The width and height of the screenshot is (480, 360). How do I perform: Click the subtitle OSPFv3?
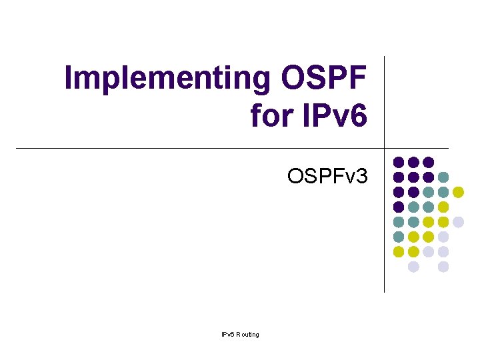327,177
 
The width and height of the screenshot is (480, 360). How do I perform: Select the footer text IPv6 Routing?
241,334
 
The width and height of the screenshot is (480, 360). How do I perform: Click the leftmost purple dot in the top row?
399,162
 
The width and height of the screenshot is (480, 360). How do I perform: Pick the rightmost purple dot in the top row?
428,162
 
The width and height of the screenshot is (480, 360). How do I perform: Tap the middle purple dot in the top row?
413,162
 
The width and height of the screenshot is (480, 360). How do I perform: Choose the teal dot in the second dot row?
443,177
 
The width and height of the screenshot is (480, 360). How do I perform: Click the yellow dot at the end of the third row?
458,192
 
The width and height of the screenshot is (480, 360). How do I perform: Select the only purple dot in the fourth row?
399,207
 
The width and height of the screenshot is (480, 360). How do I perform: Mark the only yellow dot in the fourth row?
443,207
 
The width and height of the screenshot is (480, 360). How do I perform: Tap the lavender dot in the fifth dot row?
458,222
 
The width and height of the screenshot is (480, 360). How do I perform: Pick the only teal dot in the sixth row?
399,237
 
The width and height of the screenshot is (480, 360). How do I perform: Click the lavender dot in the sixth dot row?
443,237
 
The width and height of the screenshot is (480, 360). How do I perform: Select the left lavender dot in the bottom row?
413,267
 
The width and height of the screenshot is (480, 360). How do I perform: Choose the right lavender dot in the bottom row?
443,267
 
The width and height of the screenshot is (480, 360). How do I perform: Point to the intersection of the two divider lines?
385,148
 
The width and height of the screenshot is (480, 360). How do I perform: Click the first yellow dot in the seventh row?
399,251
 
